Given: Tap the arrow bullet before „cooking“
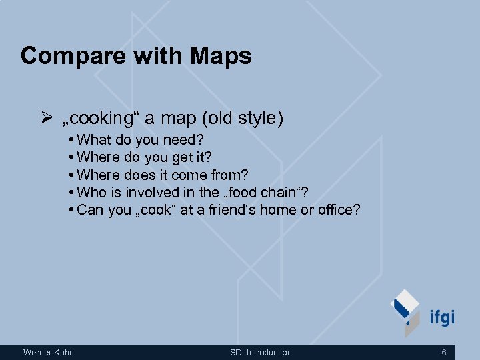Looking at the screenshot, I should [46, 119].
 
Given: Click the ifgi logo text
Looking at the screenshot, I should [442, 317].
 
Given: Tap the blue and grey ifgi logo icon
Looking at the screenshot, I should [406, 312].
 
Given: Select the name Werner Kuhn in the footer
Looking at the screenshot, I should [49, 352].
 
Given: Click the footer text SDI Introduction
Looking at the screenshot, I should [261, 352].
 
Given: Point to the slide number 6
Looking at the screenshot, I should [443, 352].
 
